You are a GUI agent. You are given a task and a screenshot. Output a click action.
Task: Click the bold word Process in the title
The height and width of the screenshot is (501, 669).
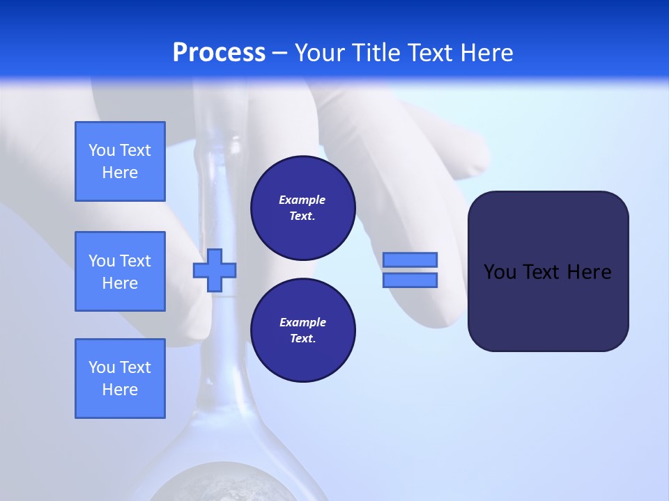[x=219, y=53]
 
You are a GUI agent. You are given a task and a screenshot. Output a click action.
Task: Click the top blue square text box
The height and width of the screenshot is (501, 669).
[x=120, y=161]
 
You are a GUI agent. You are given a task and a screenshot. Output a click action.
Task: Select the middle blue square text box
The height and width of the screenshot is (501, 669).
[x=120, y=271]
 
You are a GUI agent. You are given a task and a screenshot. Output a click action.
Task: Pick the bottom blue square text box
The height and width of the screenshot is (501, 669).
[x=120, y=379]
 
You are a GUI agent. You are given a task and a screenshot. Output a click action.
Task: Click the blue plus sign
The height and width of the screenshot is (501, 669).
[x=215, y=271]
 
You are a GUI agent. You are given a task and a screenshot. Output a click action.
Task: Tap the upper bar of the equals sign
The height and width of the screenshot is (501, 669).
[x=410, y=260]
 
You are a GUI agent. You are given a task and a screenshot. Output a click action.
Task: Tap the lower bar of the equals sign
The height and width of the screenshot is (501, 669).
[x=410, y=280]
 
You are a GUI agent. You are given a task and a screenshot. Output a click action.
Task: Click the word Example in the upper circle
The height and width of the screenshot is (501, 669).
[x=302, y=200]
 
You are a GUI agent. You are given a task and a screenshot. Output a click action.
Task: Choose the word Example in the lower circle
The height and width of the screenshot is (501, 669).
[x=302, y=322]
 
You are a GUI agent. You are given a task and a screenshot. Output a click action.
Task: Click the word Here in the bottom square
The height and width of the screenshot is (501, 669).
[x=120, y=390]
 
